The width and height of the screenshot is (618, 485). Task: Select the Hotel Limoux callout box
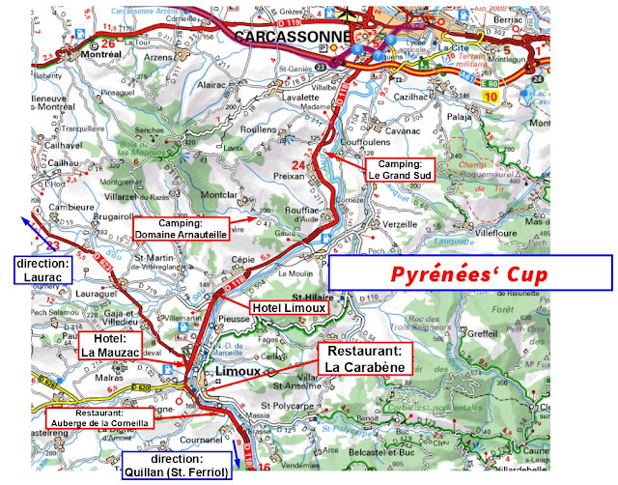coord(288,307)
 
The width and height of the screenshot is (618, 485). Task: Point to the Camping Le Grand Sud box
coord(399,171)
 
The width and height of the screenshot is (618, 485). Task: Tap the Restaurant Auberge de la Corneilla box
coord(98,417)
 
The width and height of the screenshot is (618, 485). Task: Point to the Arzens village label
coord(157,57)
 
